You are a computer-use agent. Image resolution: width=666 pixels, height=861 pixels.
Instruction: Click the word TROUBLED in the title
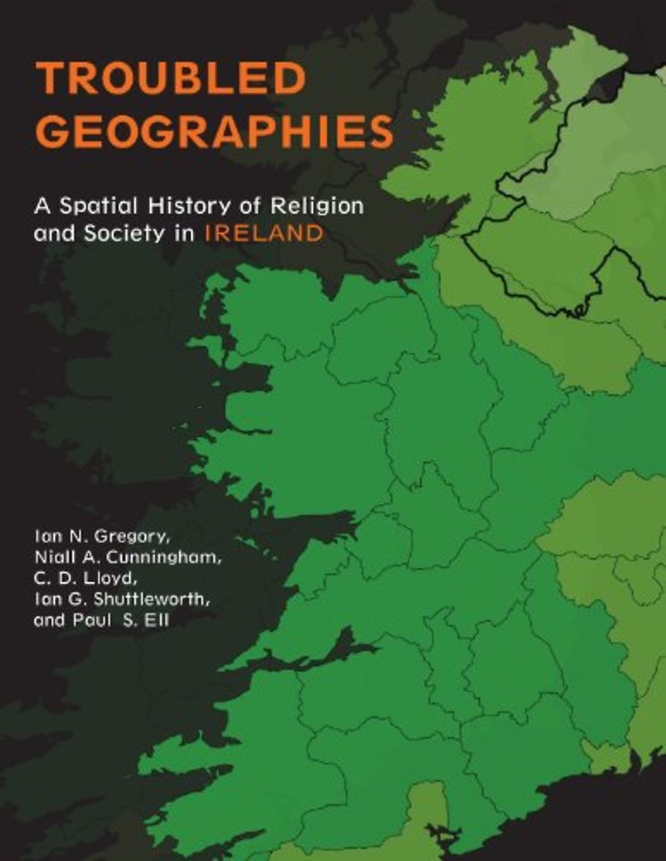tap(170, 81)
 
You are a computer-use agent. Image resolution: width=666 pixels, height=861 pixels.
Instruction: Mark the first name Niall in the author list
tap(55, 560)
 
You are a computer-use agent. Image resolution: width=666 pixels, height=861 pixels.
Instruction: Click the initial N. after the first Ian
tap(76, 539)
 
